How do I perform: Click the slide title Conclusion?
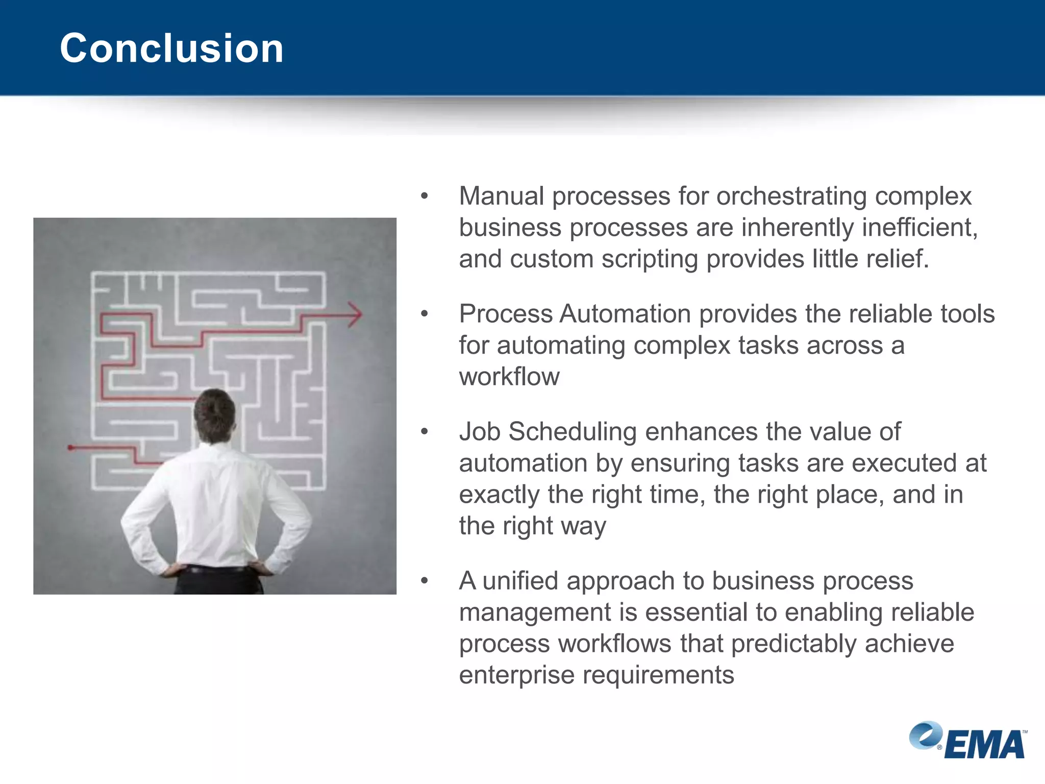point(171,48)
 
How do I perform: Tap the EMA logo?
point(968,741)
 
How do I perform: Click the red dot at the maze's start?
point(71,448)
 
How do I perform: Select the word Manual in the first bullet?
point(501,197)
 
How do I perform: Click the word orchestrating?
point(791,197)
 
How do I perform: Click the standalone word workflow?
point(509,377)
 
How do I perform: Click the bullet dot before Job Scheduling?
point(424,432)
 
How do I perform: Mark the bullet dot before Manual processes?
point(424,197)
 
